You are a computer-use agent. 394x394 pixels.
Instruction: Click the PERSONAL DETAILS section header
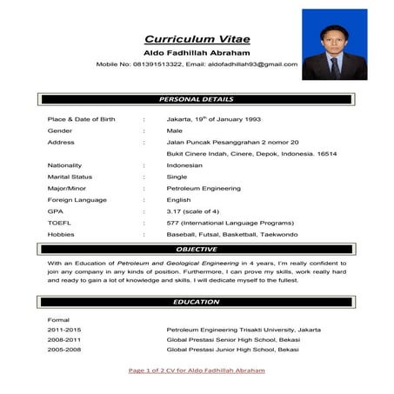[x=197, y=99]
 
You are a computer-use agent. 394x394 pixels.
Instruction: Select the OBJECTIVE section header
[x=197, y=249]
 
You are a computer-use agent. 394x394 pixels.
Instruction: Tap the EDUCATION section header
[x=197, y=301]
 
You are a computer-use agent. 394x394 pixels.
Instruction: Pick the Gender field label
[x=60, y=129]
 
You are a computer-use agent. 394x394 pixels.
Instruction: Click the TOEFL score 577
[x=172, y=222]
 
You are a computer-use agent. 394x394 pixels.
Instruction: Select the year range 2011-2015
[x=63, y=331]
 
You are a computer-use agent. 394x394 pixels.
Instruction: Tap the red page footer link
[x=197, y=371]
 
